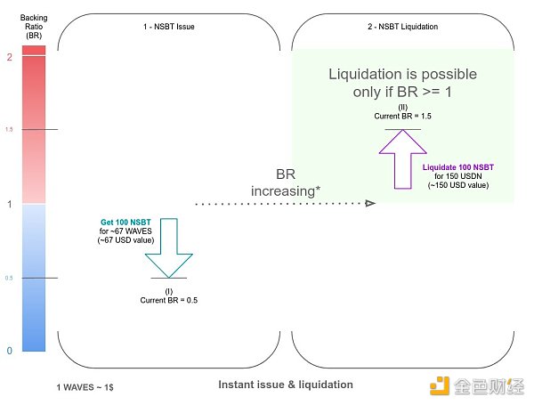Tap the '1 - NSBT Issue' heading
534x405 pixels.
(169, 27)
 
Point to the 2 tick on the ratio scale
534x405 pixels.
(8, 57)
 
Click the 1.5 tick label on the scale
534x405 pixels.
(9, 130)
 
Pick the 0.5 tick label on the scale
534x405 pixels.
(9, 278)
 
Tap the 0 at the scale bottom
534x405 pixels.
(9, 351)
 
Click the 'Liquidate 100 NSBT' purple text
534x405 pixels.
(459, 166)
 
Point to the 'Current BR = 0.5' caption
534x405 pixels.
(169, 300)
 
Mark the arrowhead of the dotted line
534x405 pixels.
(368, 204)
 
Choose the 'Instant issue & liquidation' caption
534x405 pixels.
(286, 385)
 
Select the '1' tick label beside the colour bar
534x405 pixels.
(8, 204)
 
